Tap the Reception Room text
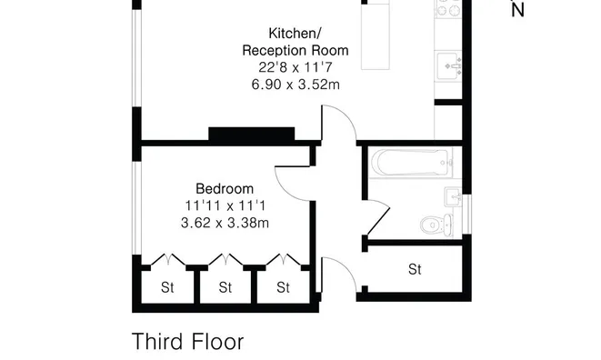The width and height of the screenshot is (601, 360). coord(295,49)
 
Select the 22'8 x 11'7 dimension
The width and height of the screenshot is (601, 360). coord(295,66)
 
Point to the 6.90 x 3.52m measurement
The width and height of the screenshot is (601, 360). coord(295,84)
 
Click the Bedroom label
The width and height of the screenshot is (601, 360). coord(225,188)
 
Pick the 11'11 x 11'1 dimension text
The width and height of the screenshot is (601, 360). coord(225,205)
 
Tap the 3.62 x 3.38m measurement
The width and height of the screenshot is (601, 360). coord(225,221)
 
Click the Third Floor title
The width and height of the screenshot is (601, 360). coord(188,342)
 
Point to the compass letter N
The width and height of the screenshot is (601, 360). coord(518,11)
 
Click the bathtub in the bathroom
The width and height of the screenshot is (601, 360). coord(412,165)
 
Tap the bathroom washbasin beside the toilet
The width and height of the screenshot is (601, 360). coord(456,197)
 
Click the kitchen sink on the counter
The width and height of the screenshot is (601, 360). coord(452,66)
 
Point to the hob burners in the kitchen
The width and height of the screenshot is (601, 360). coord(451,10)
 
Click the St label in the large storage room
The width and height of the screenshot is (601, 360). coord(416,269)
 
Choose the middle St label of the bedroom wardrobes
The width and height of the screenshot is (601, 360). coord(225,288)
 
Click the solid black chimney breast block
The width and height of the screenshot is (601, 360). coord(252,135)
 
